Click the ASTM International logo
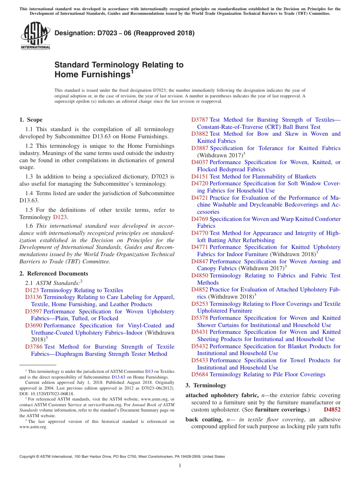(x=35, y=36)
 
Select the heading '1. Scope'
(x=31, y=120)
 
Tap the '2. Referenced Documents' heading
(x=54, y=274)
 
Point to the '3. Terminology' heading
(x=206, y=385)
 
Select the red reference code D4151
(x=200, y=177)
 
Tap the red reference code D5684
(x=200, y=374)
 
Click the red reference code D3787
(x=200, y=120)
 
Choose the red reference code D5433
(x=200, y=360)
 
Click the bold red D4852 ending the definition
(x=332, y=410)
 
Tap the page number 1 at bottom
(x=180, y=466)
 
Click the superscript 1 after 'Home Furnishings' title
(x=132, y=71)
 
